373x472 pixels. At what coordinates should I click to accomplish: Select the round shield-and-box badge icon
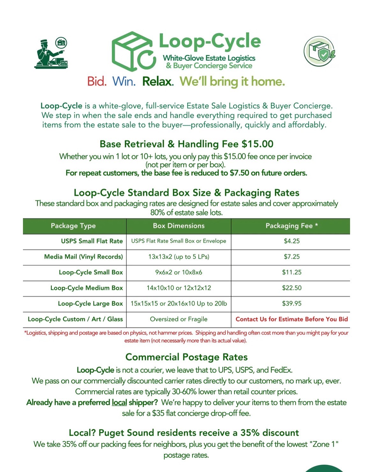319,51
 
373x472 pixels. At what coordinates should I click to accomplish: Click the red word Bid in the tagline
97,81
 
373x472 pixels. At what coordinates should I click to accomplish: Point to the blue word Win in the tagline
124,81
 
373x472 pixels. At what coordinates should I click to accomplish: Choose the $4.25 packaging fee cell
291,241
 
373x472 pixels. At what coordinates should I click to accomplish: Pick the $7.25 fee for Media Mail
291,257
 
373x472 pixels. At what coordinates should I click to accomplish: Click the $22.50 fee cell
291,288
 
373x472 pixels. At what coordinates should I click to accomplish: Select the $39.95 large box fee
291,303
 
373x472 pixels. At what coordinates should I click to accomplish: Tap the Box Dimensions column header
179,226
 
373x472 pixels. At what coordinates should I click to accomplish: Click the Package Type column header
73,226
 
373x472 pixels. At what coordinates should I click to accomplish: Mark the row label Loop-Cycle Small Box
91,272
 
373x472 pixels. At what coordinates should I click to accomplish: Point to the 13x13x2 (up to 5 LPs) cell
179,257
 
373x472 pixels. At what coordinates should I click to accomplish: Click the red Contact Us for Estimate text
291,319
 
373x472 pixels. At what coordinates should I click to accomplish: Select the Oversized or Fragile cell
179,319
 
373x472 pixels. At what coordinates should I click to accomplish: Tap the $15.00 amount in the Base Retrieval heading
257,144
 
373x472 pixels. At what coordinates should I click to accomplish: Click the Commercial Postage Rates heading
186,357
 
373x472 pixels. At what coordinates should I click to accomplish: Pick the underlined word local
119,402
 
